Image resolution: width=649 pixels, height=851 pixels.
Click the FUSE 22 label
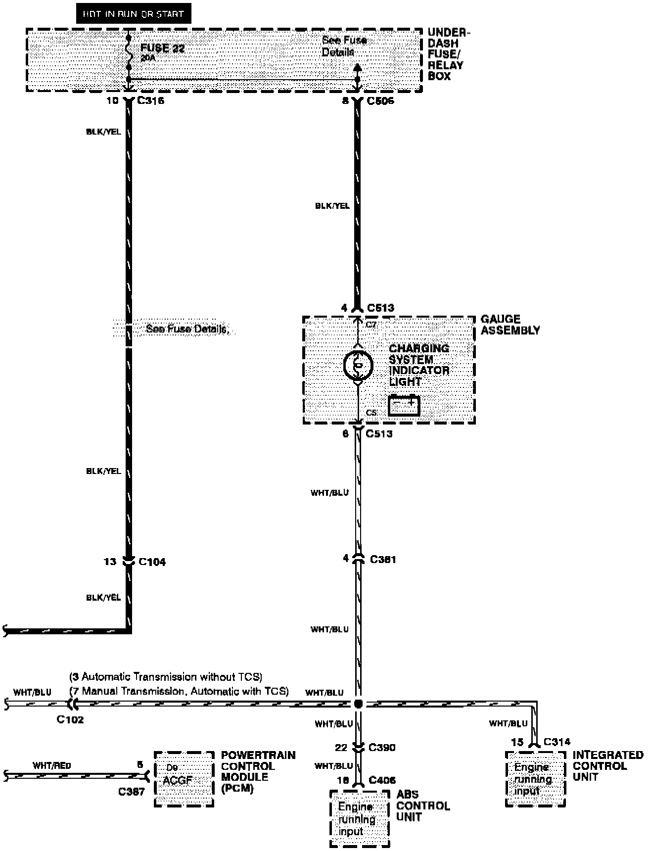tap(162, 48)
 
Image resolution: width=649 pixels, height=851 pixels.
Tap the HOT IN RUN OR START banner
tap(133, 14)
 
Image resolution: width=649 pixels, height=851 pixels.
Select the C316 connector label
tap(151, 101)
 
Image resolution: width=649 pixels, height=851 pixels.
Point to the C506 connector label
tap(380, 101)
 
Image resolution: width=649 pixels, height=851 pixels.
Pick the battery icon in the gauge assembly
tap(404, 405)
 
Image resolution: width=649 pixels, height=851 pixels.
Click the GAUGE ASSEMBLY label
tap(510, 325)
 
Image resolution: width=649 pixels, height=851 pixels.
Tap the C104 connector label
tap(152, 562)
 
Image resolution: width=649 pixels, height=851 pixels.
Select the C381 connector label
tap(383, 559)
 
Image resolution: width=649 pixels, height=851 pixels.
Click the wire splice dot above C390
tap(359, 704)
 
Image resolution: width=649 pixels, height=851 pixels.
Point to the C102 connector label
tap(70, 719)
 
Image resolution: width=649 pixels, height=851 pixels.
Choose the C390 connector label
tap(382, 747)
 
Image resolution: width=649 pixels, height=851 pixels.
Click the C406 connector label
tap(382, 780)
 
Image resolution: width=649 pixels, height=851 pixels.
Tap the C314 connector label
tap(556, 742)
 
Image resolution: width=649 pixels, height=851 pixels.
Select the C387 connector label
tap(132, 792)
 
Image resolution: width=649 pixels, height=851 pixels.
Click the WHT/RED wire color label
tap(52, 765)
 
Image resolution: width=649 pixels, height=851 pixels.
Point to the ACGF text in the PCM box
tap(178, 780)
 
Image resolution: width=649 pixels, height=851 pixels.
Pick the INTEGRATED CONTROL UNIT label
tap(607, 765)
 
